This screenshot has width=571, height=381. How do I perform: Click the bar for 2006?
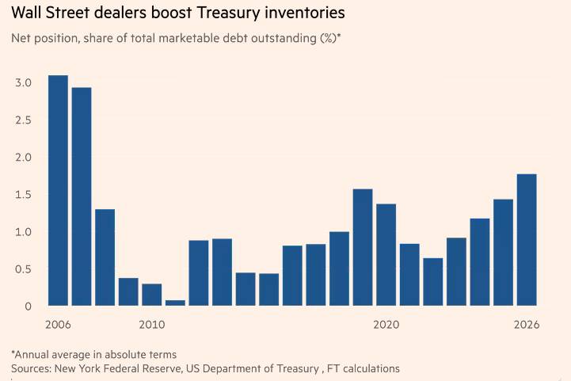pyautogui.click(x=58, y=190)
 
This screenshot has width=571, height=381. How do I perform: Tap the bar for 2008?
pyautogui.click(x=105, y=257)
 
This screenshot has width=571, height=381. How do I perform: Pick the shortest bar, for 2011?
pyautogui.click(x=175, y=303)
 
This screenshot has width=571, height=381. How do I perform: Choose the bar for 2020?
pyautogui.click(x=386, y=254)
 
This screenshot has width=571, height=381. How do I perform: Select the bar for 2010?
pyautogui.click(x=152, y=295)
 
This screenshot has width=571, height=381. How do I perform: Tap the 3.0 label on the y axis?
pyautogui.click(x=23, y=83)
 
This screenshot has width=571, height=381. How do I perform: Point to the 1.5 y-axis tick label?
pyautogui.click(x=23, y=195)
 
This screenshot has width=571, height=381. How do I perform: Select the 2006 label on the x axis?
pyautogui.click(x=58, y=326)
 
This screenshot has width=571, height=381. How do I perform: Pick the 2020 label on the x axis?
pyautogui.click(x=386, y=326)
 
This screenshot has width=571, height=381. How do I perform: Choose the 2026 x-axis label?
pyautogui.click(x=526, y=326)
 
